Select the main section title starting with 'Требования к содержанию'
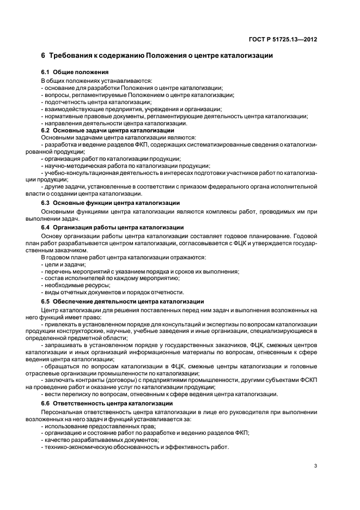pos(157,56)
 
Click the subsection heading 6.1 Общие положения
pos(75,72)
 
